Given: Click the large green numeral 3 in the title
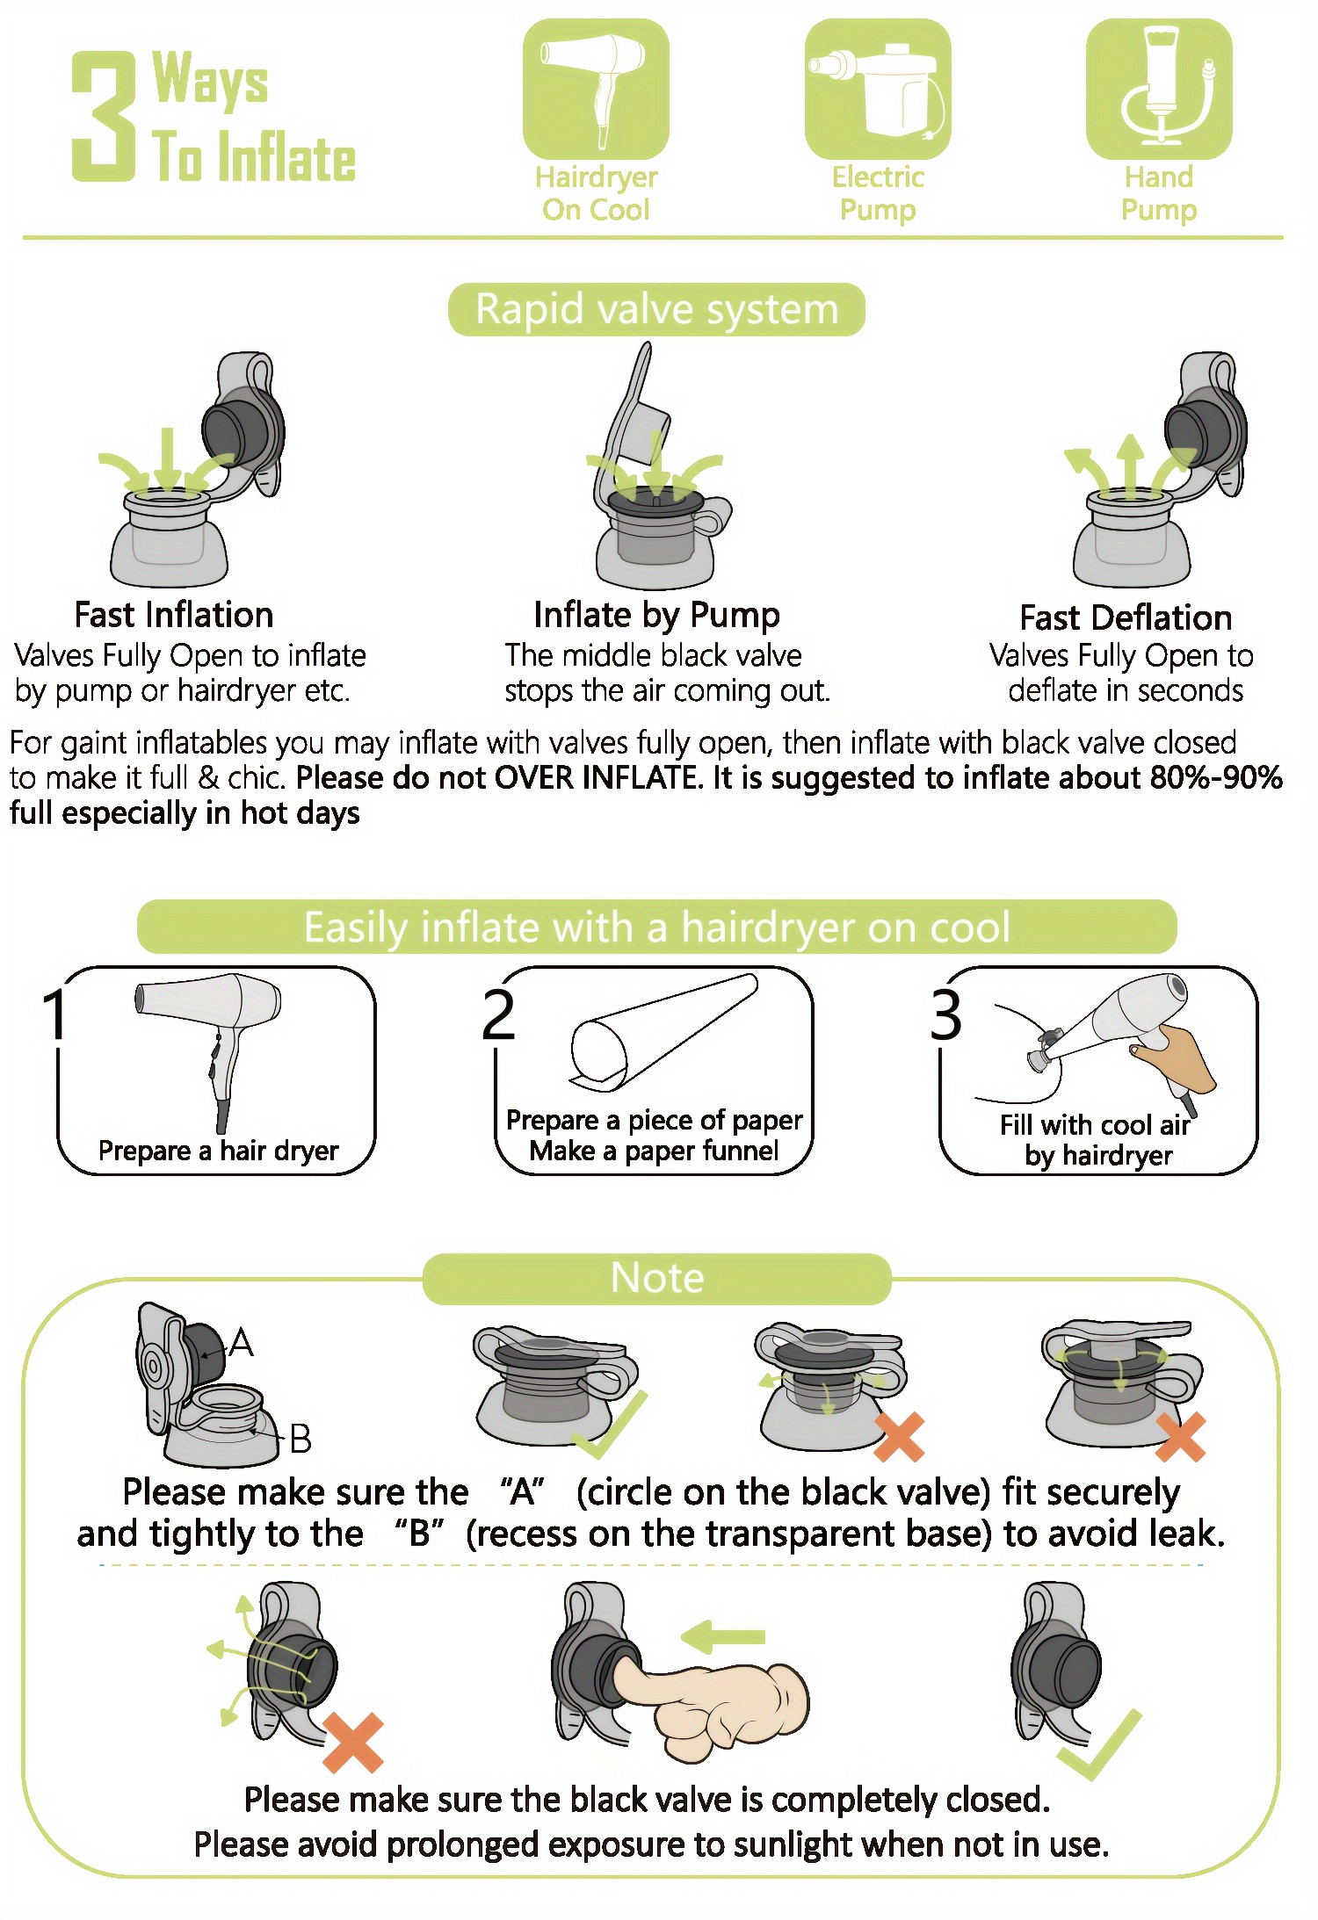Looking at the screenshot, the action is [x=104, y=116].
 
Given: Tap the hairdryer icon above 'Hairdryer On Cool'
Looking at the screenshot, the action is [x=596, y=89].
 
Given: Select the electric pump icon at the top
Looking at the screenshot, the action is [x=878, y=89].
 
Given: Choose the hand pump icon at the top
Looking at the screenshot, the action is [x=1159, y=89].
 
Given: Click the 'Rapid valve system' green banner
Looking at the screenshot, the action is [x=656, y=309].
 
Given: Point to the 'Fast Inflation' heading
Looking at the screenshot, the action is [x=174, y=615].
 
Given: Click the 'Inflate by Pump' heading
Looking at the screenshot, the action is [x=656, y=616].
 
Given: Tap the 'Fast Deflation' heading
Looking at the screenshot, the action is [x=1126, y=617].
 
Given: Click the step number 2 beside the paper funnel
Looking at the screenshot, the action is [x=498, y=1014].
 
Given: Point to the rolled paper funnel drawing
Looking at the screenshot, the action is [x=663, y=1032].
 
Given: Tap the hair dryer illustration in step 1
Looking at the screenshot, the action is [x=209, y=1050].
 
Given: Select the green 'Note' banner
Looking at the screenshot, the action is [x=657, y=1278].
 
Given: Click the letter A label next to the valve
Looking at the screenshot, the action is [x=241, y=1343].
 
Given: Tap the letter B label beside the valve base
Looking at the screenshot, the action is [x=301, y=1439].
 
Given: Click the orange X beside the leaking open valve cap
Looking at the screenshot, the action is [x=353, y=1743].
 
